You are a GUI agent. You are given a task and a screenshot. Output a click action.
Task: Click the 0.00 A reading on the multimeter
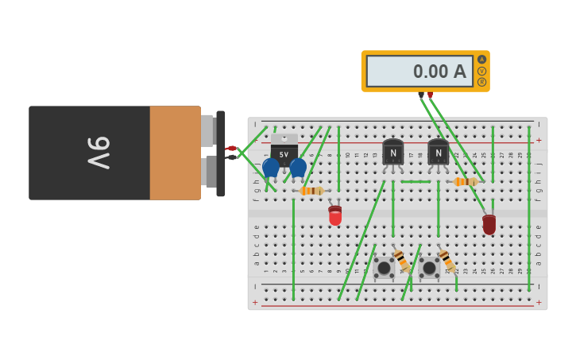click(439, 72)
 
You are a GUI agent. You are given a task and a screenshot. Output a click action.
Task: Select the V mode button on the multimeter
click(481, 71)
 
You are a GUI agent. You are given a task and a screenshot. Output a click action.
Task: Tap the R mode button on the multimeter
click(481, 82)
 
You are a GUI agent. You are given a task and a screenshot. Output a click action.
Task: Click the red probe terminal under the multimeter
click(431, 95)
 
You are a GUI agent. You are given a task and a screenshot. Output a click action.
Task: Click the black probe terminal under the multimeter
click(421, 95)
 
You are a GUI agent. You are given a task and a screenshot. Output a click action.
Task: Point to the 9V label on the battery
click(99, 153)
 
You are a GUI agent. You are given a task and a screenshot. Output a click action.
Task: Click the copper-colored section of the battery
click(175, 153)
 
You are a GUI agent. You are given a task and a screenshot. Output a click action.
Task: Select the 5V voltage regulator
click(284, 149)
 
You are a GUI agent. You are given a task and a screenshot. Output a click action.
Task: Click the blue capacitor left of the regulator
click(271, 167)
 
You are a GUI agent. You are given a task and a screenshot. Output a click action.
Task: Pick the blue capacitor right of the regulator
click(298, 167)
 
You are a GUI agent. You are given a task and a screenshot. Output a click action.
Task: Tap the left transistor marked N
click(392, 152)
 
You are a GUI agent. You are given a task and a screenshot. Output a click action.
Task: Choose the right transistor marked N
click(438, 152)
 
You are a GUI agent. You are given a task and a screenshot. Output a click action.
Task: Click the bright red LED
click(335, 215)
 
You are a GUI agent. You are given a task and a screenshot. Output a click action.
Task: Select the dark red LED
click(489, 224)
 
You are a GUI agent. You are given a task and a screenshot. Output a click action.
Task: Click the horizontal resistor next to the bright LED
click(311, 191)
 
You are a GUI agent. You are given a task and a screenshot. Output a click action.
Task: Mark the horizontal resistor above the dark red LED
click(465, 182)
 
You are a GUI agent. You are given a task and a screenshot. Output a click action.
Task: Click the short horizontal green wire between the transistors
click(416, 181)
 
